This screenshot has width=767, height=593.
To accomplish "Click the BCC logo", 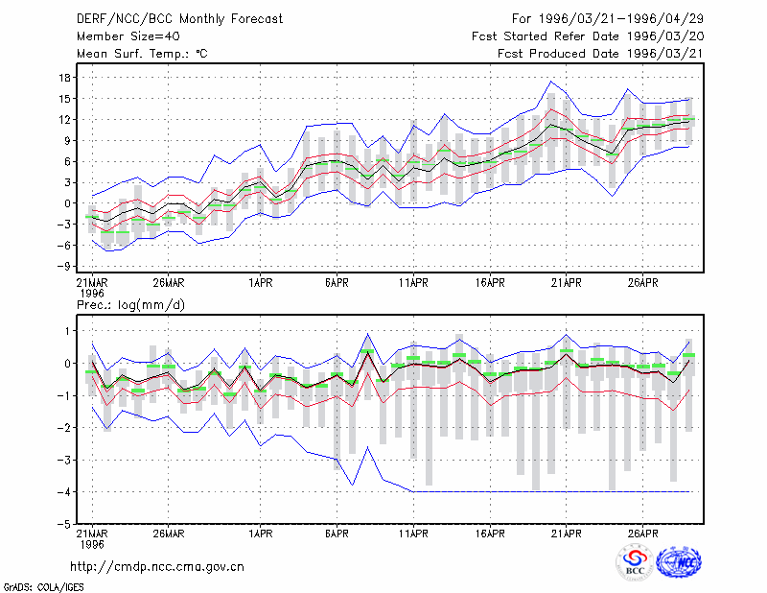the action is coord(635,562).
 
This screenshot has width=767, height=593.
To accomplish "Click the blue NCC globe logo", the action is coord(679,562).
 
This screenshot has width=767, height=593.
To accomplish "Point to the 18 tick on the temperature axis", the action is coord(64,78).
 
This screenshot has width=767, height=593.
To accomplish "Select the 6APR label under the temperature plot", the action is coord(337,283).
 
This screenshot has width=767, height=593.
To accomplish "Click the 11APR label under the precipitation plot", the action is coord(413,534).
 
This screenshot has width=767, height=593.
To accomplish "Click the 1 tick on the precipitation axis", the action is coord(67,331).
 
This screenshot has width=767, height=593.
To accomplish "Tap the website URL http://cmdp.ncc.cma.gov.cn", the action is coord(157,567).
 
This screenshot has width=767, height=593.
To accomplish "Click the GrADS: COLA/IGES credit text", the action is coord(43,587).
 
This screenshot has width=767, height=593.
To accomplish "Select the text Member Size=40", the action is coord(128,36).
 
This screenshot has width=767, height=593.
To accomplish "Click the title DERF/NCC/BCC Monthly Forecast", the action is coord(179,19).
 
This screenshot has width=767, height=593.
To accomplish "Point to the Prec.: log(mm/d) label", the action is coord(130,305).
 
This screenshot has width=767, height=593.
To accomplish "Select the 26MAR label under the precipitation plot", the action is coord(169,534).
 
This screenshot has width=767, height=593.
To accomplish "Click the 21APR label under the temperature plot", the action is coord(566,283).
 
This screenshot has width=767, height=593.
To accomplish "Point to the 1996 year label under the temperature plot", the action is coord(92,294).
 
